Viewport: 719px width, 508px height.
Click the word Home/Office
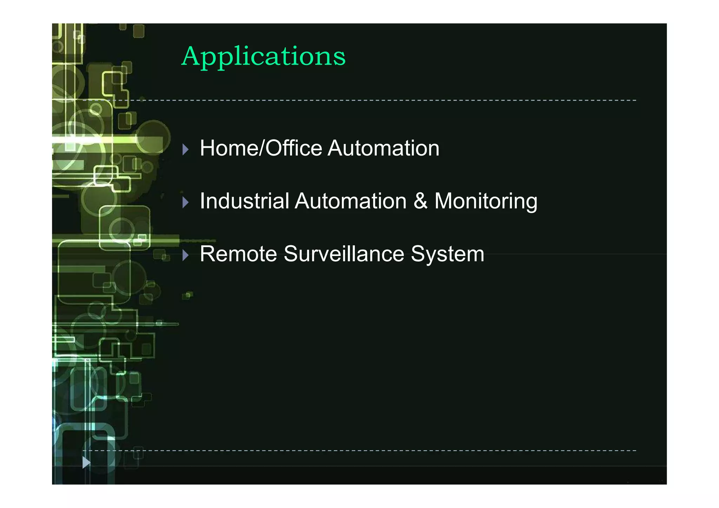point(261,148)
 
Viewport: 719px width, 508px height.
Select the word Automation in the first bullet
point(383,148)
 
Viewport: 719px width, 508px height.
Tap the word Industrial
point(244,201)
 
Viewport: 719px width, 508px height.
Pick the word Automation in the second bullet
point(350,201)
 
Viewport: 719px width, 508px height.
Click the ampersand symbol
point(421,201)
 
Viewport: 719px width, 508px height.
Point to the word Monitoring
point(486,202)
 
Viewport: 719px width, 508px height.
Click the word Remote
point(238,254)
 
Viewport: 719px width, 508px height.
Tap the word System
point(448,255)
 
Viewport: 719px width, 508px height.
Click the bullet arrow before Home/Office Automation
point(186,150)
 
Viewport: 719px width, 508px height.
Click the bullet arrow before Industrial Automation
point(186,202)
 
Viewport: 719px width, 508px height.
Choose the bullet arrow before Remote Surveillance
point(186,255)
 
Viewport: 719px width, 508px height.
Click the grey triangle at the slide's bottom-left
point(86,462)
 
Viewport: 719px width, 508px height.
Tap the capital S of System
point(418,254)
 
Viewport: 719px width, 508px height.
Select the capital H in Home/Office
point(208,148)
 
